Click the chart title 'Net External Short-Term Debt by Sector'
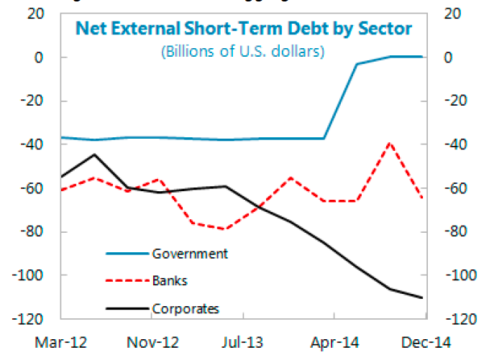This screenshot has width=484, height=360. click(244, 29)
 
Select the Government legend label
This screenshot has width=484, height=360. click(190, 254)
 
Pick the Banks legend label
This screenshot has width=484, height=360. click(170, 281)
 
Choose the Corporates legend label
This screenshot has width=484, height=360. click(186, 309)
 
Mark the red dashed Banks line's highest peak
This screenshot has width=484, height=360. click(390, 143)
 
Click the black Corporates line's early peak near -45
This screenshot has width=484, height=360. click(94, 154)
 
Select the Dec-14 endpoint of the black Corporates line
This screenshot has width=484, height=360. click(422, 297)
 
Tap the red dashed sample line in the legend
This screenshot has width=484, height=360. click(127, 281)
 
